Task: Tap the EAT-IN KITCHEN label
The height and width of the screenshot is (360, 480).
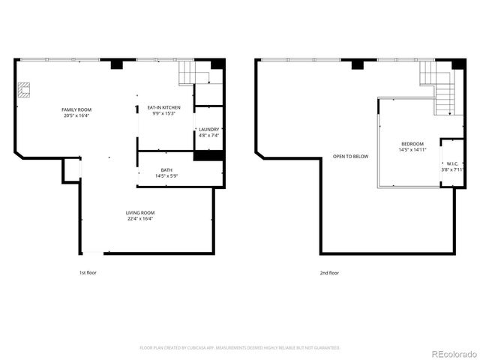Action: pos(163,107)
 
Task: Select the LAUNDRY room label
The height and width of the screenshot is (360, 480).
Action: pos(208,129)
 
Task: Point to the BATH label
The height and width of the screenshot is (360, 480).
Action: pos(166,170)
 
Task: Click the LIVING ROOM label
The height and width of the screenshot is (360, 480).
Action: pos(139,213)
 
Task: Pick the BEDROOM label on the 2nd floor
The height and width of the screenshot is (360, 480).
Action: pos(412,144)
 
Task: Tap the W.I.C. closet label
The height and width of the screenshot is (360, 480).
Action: pos(452,163)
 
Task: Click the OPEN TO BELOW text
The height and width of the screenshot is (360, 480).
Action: pos(351,156)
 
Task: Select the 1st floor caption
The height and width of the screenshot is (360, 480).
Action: pos(88,273)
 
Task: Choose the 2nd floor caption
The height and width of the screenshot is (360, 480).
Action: pos(329,273)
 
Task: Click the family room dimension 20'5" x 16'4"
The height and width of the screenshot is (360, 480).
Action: pos(76,115)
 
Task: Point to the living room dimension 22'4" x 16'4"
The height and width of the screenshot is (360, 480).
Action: pos(139,219)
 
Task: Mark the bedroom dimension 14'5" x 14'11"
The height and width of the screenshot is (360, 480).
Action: pos(412,150)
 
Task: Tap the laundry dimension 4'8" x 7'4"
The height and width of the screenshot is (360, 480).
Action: pos(208,135)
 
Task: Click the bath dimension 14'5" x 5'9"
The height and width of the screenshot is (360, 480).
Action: pos(166,176)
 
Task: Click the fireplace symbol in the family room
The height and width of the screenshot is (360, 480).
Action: pos(25,91)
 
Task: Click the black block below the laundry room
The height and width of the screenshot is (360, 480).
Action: pos(208,155)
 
